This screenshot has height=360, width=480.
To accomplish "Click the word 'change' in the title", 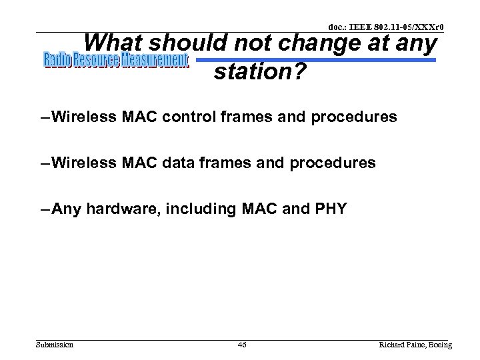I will (x=319, y=43).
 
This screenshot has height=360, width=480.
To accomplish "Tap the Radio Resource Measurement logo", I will (x=117, y=61).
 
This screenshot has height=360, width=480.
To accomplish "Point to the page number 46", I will (x=242, y=345).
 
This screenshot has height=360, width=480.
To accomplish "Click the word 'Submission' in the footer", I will (x=55, y=345).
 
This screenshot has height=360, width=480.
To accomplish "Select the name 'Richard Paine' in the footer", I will (x=401, y=345).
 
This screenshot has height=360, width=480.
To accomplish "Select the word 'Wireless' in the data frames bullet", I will (x=84, y=163).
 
